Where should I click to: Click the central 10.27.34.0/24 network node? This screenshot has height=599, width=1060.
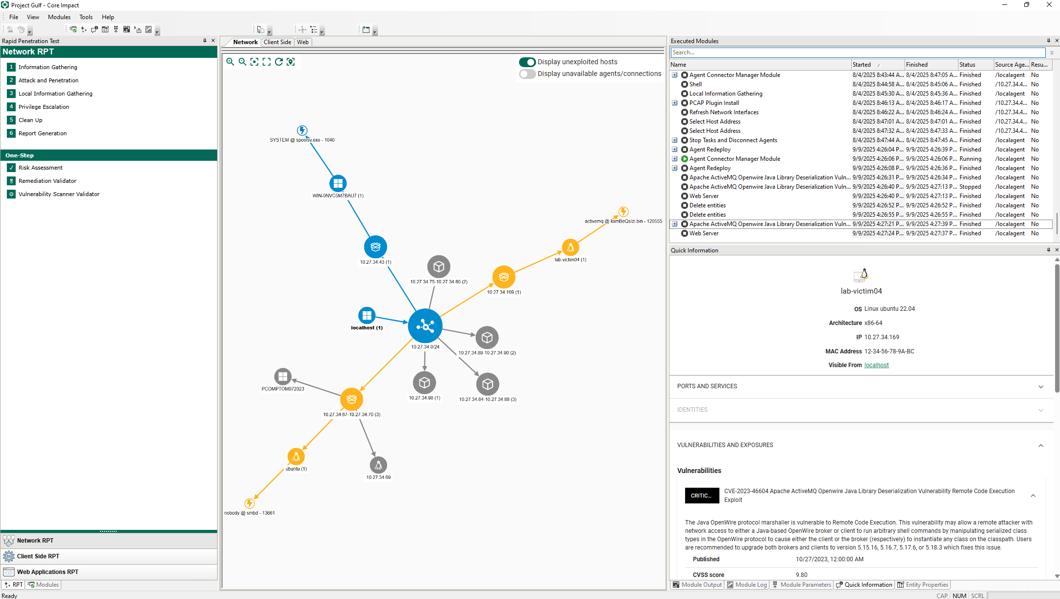[x=425, y=326]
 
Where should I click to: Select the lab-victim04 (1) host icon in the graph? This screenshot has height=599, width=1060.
[x=570, y=248]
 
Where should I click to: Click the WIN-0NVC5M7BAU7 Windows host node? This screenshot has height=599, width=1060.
[x=338, y=183]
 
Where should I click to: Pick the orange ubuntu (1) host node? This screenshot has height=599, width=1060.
[x=296, y=456]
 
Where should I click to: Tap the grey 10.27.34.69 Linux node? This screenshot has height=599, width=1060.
[x=378, y=465]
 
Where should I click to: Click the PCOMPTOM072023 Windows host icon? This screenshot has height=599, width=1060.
[x=283, y=376]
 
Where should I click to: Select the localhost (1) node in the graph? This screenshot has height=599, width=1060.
[x=367, y=316]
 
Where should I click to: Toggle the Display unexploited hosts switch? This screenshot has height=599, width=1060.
[x=527, y=62]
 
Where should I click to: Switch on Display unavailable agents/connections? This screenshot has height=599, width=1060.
[x=527, y=74]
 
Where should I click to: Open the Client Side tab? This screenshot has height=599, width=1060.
[x=277, y=42]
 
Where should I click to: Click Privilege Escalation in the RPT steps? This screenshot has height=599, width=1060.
[x=44, y=107]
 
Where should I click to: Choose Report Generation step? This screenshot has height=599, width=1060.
[x=43, y=133]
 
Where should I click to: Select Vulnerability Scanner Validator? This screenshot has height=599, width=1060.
[x=59, y=194]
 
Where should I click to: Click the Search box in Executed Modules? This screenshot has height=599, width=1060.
[x=858, y=52]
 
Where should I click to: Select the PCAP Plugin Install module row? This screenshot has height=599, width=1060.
[x=714, y=103]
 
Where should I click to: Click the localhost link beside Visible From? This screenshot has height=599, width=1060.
[x=876, y=365]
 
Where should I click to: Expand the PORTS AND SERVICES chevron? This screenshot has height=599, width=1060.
[x=1041, y=387]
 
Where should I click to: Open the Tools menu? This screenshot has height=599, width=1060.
[x=86, y=17]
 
